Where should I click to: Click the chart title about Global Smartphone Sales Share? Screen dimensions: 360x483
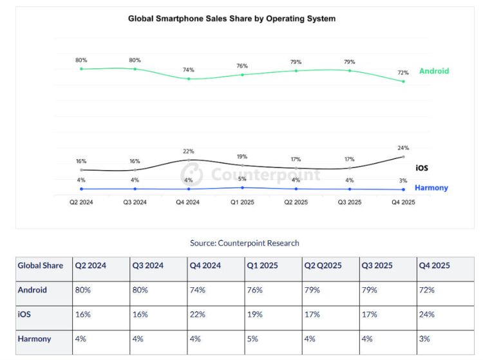click(232, 19)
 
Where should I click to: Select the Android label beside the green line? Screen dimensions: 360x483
click(433, 71)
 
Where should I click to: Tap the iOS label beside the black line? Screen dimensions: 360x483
click(422, 168)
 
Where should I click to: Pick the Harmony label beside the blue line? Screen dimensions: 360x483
click(431, 188)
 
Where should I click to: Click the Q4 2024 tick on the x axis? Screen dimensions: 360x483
click(189, 202)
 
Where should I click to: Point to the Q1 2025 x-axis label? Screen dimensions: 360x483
click(242, 202)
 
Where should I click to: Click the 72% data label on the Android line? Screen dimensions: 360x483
click(403, 73)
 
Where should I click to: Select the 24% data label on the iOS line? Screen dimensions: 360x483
click(403, 148)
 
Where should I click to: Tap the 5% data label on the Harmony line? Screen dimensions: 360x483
click(242, 180)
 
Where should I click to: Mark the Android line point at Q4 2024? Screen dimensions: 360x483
click(189, 79)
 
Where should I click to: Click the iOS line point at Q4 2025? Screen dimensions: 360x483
click(403, 156)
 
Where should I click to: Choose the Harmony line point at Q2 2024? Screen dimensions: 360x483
click(81, 189)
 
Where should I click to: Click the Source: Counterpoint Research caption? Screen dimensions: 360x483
click(244, 243)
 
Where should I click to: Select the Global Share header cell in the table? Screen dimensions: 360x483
click(40, 265)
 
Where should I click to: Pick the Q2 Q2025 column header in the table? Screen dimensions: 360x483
click(323, 265)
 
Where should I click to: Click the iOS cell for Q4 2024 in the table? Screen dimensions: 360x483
click(197, 314)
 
